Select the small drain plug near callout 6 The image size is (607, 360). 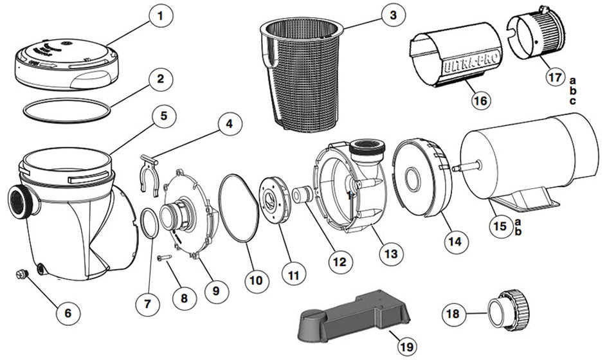point(22,276)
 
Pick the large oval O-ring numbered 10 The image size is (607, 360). point(242,209)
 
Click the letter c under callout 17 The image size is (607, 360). point(572,102)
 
